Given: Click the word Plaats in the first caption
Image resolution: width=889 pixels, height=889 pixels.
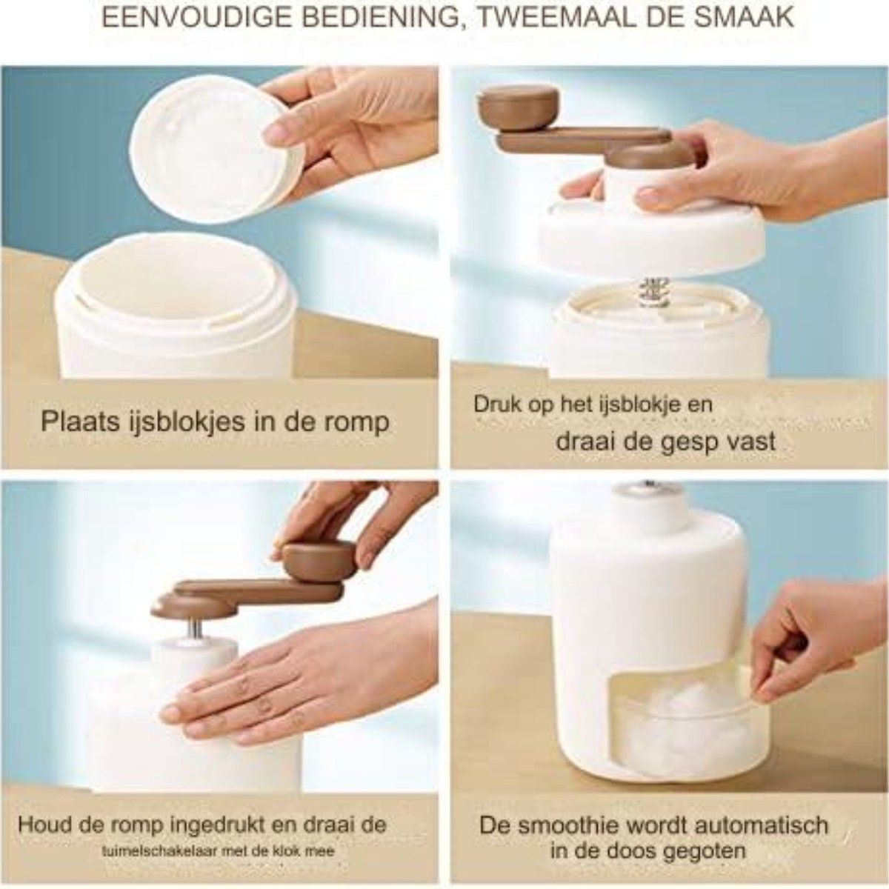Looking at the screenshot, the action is [x=81, y=422].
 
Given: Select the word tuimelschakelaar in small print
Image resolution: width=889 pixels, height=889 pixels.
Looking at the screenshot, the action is [x=161, y=825].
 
